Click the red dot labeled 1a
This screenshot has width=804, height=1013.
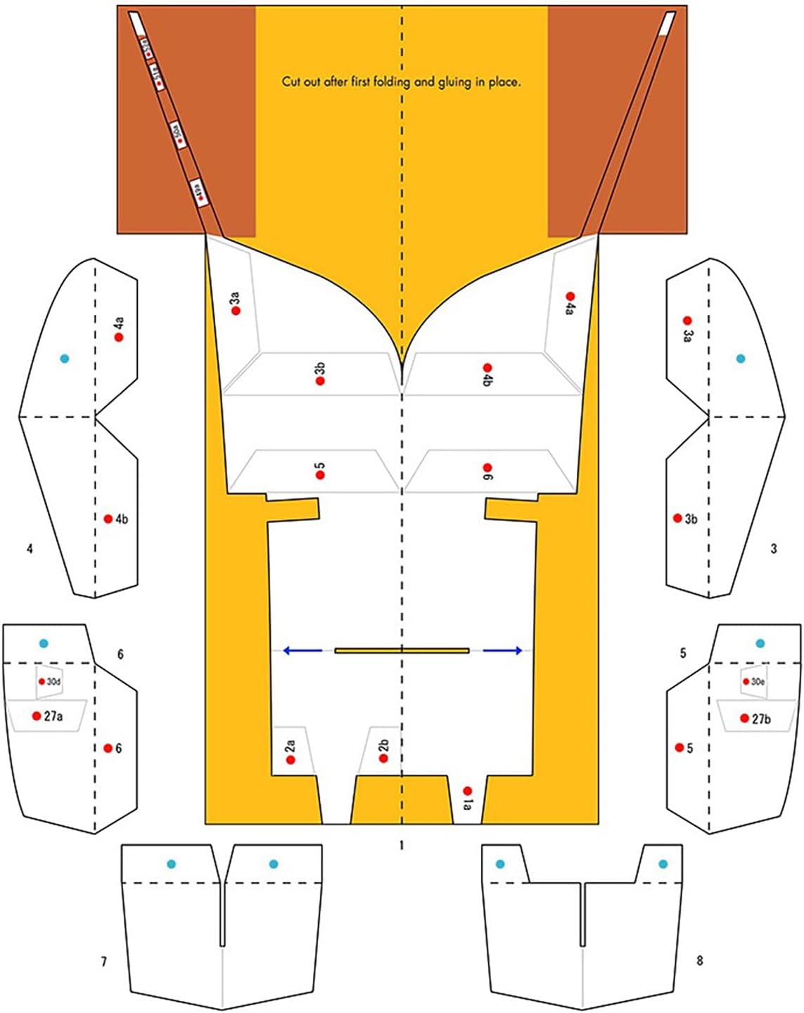point(468,792)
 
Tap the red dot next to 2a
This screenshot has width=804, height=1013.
point(291,760)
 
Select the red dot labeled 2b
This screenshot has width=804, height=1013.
point(384,759)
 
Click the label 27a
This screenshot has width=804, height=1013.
point(53,716)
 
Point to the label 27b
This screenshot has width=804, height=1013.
point(761,719)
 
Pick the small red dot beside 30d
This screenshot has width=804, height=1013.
point(42,681)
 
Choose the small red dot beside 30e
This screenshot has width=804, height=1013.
point(746,681)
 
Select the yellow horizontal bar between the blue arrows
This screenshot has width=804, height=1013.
point(402,651)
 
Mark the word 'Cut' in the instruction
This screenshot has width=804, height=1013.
point(291,82)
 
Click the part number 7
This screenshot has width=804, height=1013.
point(104,961)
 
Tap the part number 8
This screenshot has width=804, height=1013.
point(699,960)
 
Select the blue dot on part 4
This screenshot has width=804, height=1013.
point(65,359)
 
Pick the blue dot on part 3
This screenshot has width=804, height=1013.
point(740,359)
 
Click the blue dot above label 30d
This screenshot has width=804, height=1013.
point(44,643)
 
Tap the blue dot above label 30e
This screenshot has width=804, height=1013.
point(760,643)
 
